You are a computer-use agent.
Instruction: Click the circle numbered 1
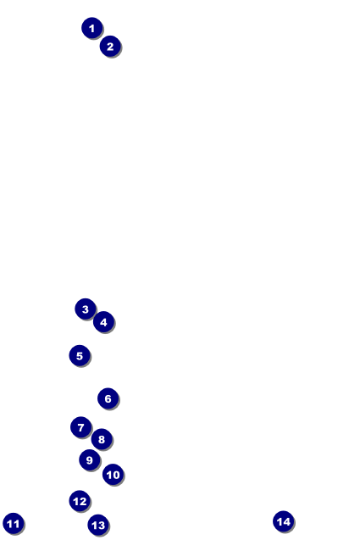pos(92,28)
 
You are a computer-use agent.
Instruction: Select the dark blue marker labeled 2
pos(110,46)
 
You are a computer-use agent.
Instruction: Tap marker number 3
pos(86,309)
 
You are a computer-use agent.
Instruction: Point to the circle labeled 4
pos(103,322)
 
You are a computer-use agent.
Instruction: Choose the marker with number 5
pos(80,356)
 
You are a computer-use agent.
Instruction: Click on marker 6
pos(108,398)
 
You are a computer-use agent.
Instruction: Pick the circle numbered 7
pos(81,427)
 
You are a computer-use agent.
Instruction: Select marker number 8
pos(102,439)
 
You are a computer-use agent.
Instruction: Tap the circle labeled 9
pos(90,460)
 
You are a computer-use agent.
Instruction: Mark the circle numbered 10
pos(114,475)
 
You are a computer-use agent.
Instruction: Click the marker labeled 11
pos(14,524)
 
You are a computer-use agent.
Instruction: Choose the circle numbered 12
pos(80,501)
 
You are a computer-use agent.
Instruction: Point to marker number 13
pos(98,525)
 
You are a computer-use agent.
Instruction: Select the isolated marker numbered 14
pos(284,521)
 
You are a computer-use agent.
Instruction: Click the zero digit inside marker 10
pos(116,475)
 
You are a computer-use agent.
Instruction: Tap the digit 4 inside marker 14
pos(287,521)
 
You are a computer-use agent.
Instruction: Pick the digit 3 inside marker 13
pos(102,526)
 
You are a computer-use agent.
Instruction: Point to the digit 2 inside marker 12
pos(83,502)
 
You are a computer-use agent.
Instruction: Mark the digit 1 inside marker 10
pos(109,475)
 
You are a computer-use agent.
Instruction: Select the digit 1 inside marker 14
pos(280,521)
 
